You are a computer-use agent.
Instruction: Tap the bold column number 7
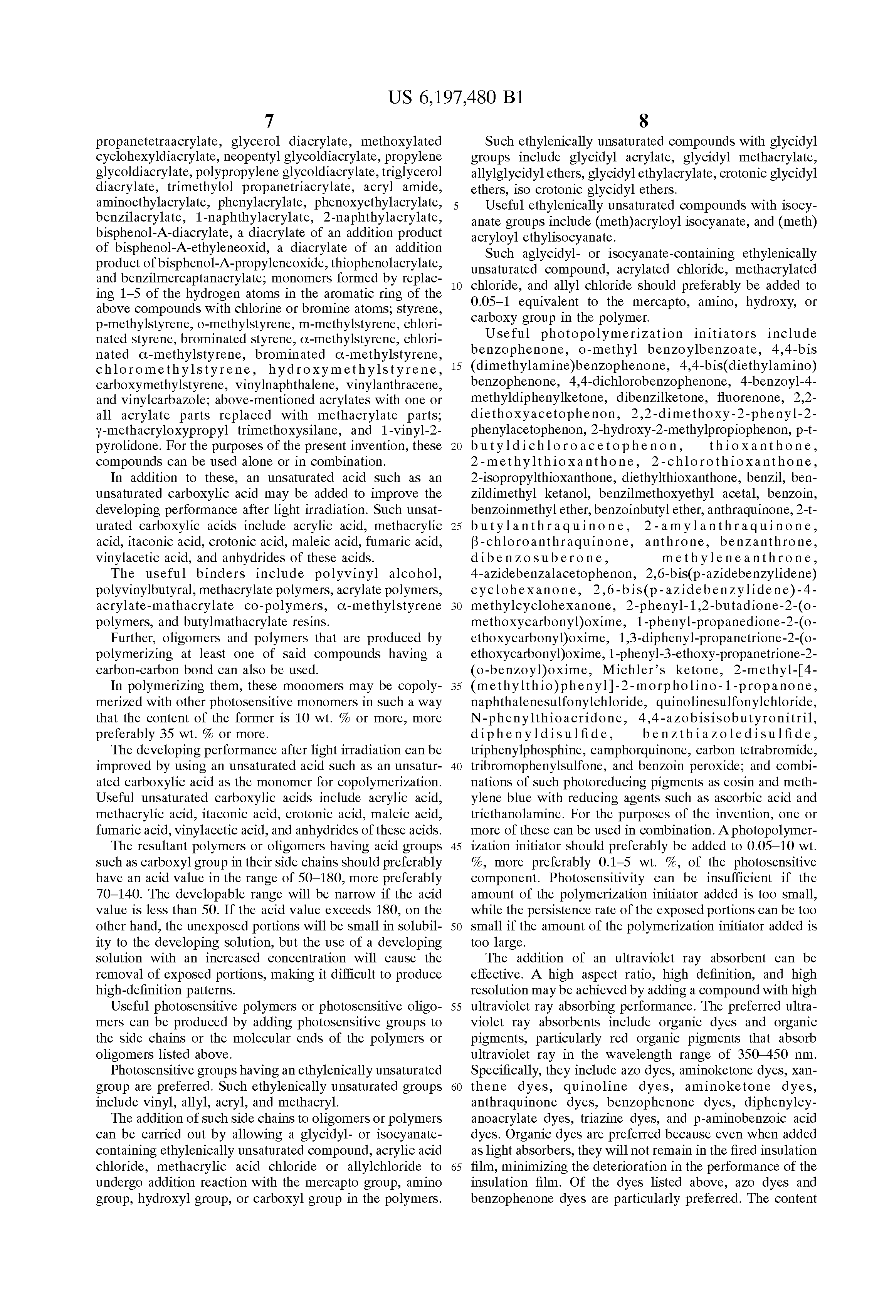click(x=269, y=121)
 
